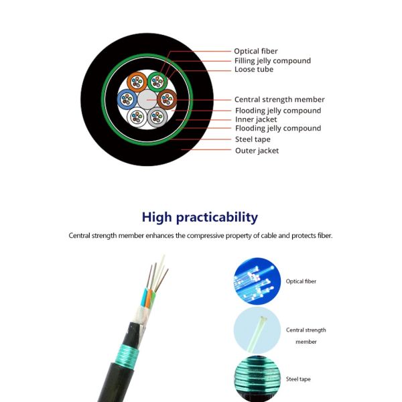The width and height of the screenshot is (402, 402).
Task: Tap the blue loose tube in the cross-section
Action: click(x=127, y=100)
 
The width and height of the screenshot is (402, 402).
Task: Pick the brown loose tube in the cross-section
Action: click(x=166, y=100)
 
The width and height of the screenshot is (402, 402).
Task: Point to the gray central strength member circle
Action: click(x=147, y=100)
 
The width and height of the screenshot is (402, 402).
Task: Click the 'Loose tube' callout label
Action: click(x=254, y=70)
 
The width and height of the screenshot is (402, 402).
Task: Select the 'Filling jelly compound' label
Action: click(x=272, y=60)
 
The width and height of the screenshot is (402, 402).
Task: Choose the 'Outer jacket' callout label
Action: click(x=257, y=151)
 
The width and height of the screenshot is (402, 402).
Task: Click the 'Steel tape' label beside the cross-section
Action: click(x=253, y=139)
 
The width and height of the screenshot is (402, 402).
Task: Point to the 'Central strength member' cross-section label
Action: click(x=279, y=100)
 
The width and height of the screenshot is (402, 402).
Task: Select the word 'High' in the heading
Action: click(x=155, y=217)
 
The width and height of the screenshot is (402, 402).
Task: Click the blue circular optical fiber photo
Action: click(x=257, y=281)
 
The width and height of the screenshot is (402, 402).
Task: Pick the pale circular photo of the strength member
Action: click(x=257, y=330)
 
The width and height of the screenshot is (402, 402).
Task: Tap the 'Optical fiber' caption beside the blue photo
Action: click(x=301, y=281)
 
